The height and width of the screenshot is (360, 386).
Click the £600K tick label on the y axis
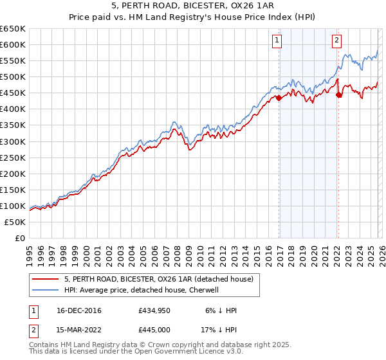tap(13, 44)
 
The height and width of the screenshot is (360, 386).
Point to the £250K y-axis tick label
tap(13, 157)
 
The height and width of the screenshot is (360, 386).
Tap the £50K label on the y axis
tap(15, 222)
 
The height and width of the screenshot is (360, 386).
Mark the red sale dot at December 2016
tap(279, 98)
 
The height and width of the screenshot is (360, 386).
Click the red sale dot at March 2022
tap(338, 94)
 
